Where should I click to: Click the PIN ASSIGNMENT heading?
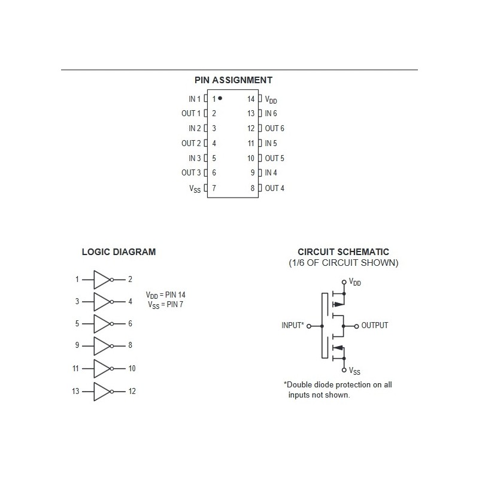[234, 80]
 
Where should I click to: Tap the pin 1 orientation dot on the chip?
[220, 98]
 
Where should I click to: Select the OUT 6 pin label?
[274, 128]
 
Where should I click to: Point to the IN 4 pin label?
[271, 173]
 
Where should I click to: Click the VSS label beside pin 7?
[195, 189]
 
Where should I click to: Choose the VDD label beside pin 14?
[271, 99]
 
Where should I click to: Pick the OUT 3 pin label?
[191, 173]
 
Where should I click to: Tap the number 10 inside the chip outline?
[251, 158]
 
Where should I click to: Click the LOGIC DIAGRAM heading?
[119, 251]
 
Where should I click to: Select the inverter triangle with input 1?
[101, 280]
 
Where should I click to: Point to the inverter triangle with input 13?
[101, 392]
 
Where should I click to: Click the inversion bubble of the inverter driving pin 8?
[112, 346]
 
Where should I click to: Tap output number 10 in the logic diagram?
[132, 368]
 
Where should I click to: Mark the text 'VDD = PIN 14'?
[166, 295]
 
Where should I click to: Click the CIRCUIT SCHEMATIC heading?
[343, 251]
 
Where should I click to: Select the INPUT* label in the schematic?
[293, 325]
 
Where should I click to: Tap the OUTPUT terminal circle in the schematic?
[356, 326]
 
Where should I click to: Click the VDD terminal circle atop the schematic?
[344, 281]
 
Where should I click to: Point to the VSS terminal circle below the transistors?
[344, 370]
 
